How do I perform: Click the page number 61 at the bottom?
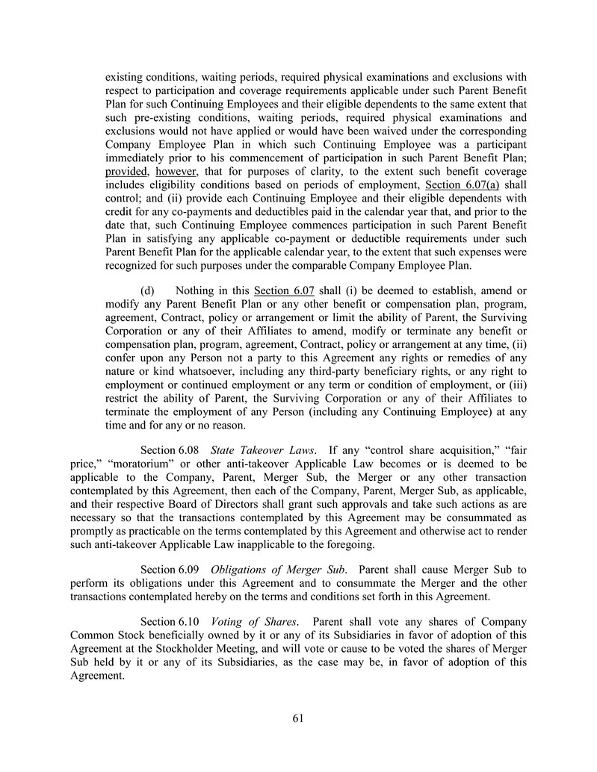point(298,718)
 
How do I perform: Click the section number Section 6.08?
point(169,450)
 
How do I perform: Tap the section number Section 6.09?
point(169,570)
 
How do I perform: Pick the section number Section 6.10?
point(169,622)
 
